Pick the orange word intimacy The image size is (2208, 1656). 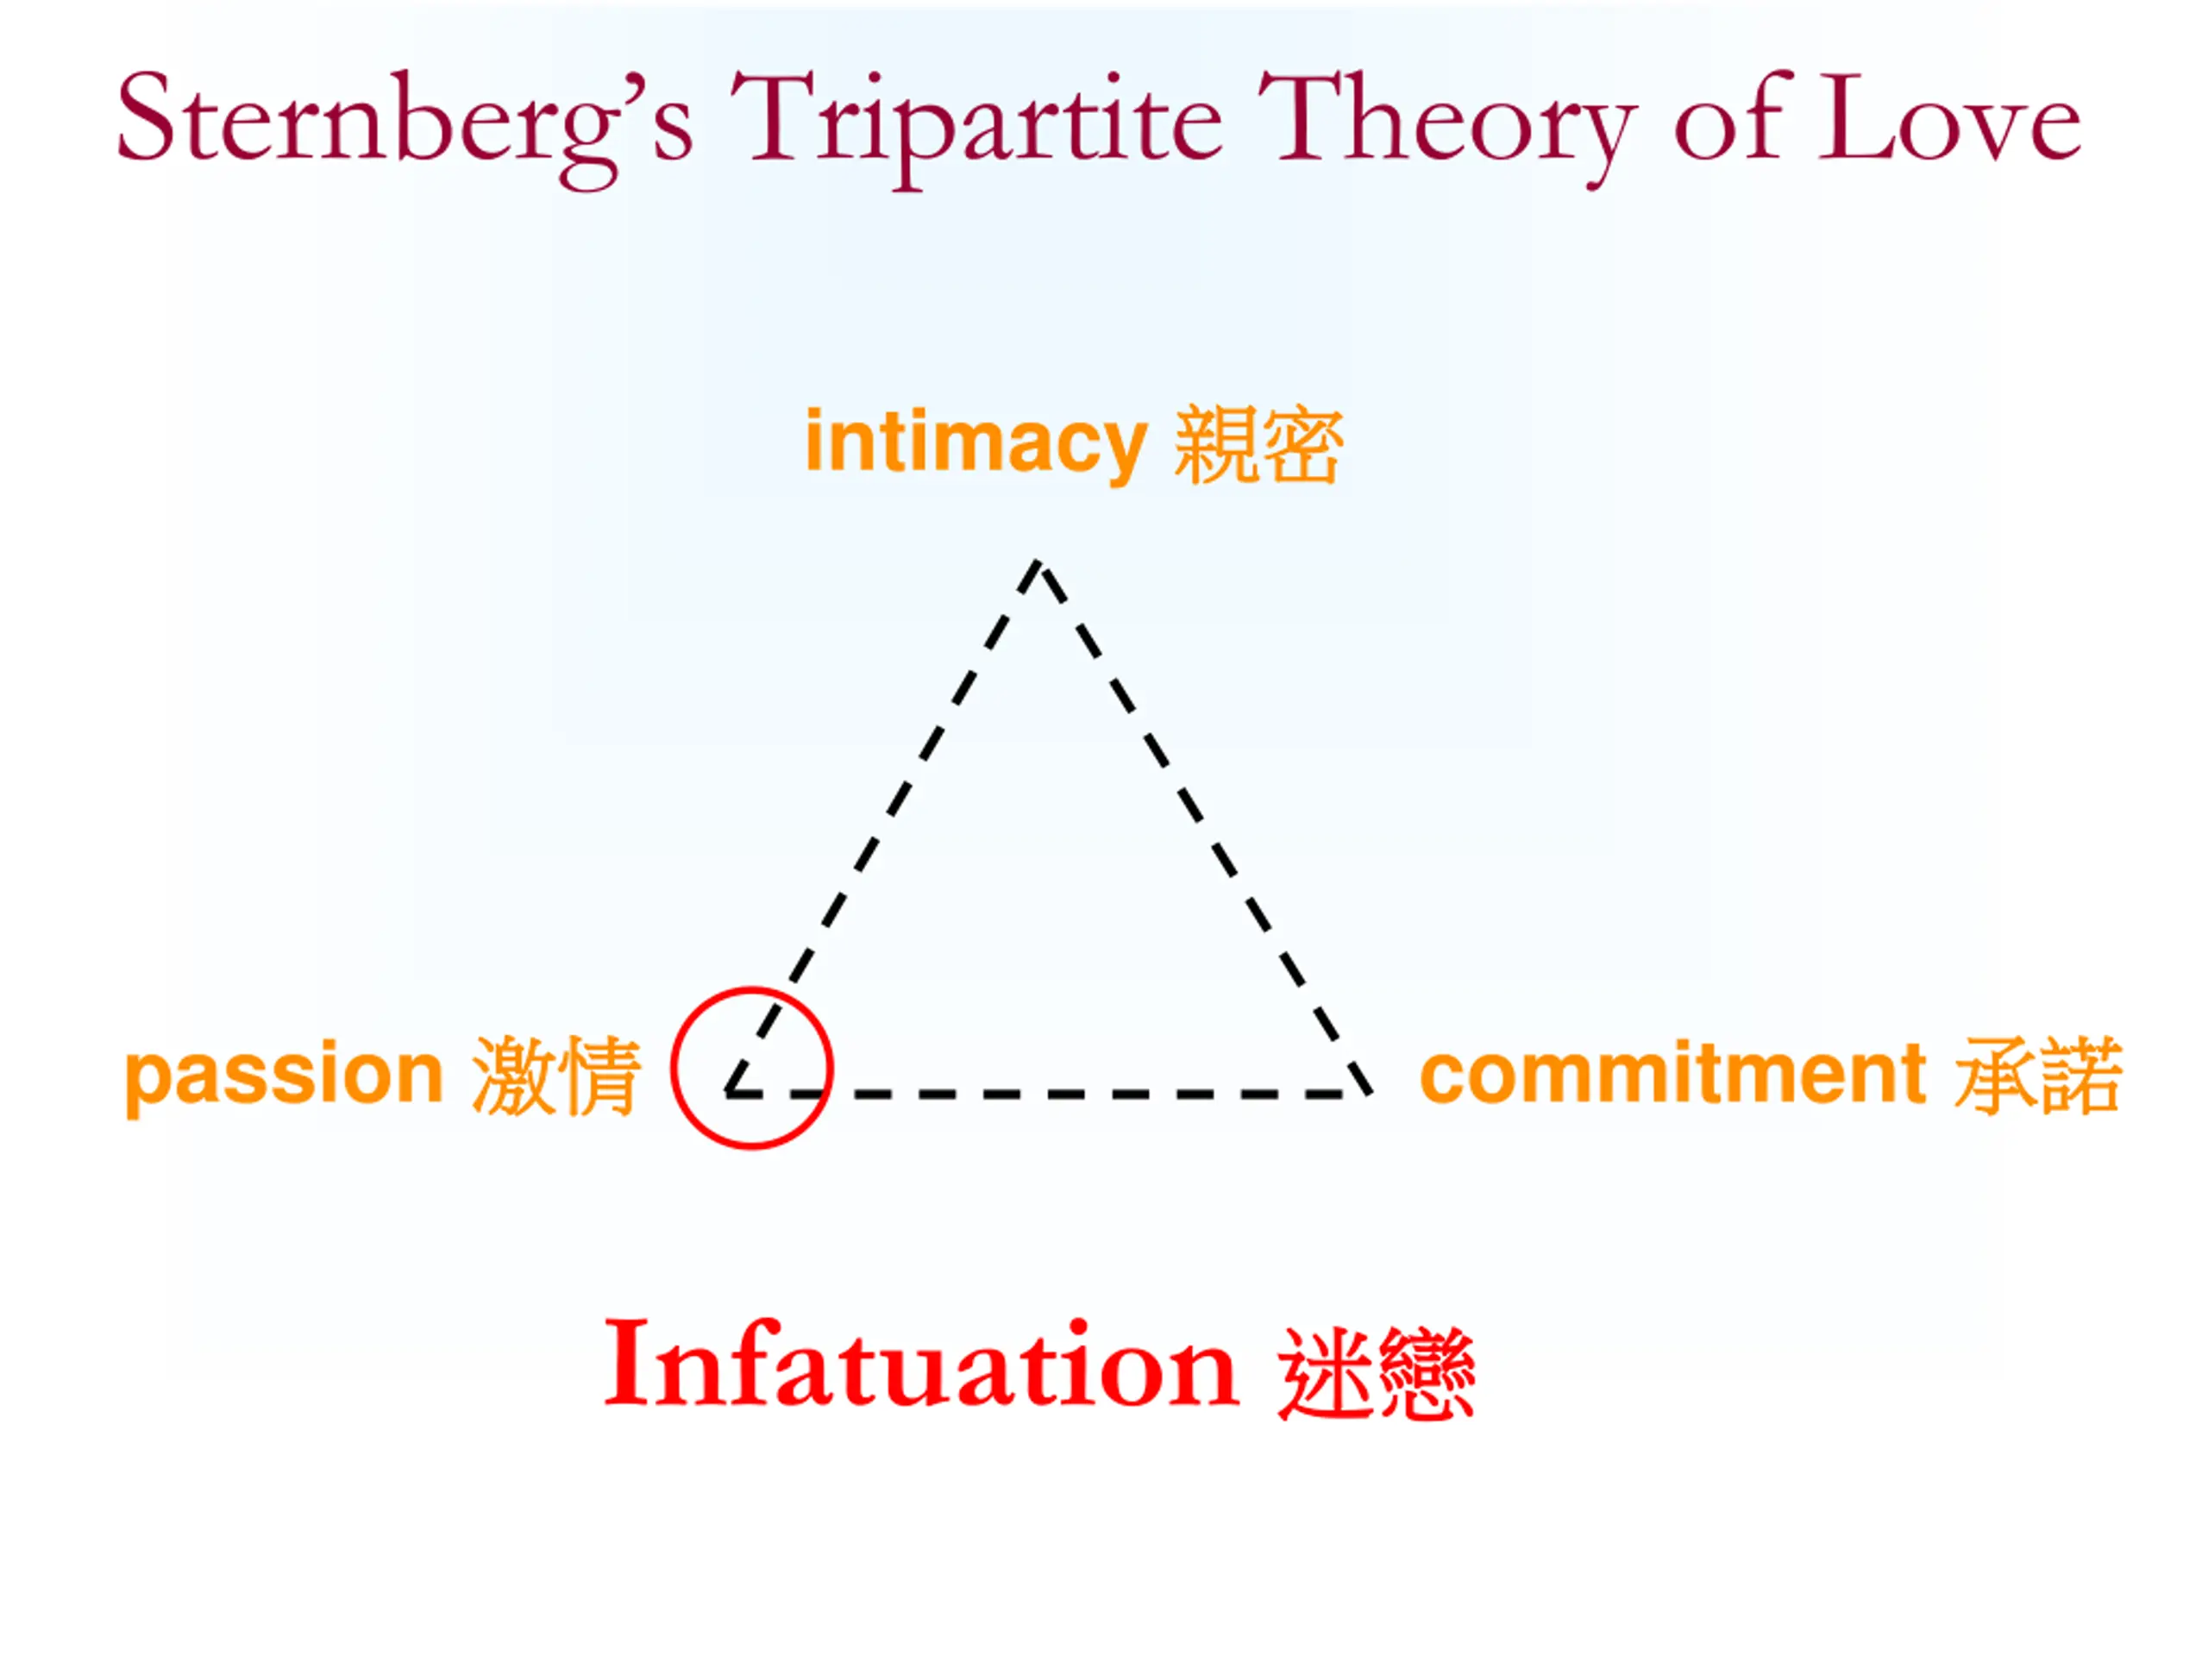(975, 442)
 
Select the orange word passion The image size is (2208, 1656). (284, 1075)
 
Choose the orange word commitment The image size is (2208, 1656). (1672, 1074)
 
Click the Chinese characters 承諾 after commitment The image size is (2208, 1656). (2037, 1075)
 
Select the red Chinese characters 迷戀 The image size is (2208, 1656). (1377, 1373)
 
